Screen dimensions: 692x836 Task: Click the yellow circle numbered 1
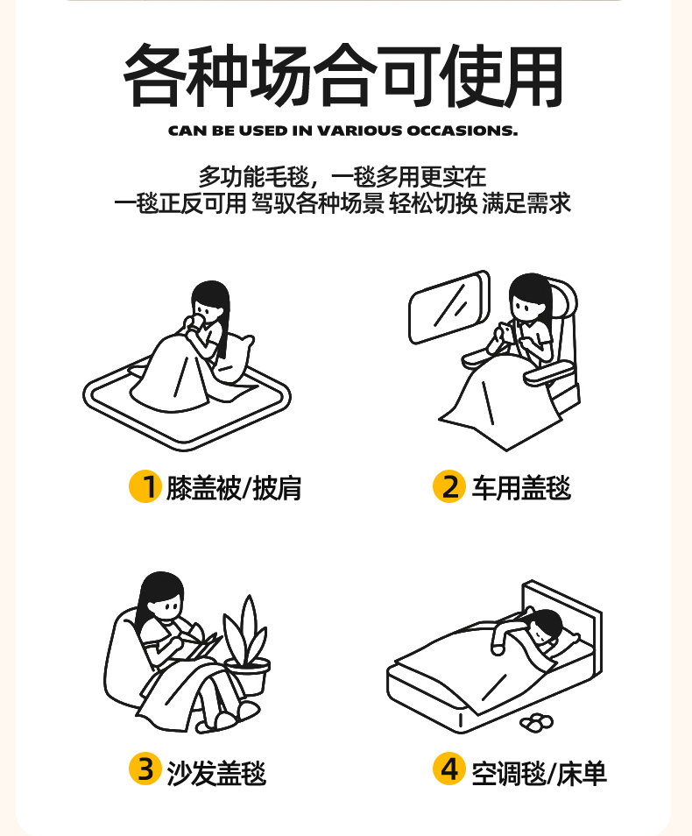click(x=145, y=486)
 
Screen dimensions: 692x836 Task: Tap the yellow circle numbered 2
click(x=448, y=486)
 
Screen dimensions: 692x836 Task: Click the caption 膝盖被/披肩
click(x=234, y=488)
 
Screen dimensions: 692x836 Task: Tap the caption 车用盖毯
click(x=521, y=488)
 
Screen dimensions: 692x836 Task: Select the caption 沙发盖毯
click(x=216, y=773)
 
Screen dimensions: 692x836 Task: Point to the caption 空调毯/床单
click(x=539, y=773)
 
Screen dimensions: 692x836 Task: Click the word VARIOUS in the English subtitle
click(x=360, y=131)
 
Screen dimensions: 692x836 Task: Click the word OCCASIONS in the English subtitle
click(x=463, y=131)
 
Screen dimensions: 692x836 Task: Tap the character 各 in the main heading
click(x=155, y=74)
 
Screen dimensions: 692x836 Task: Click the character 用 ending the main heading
click(x=532, y=75)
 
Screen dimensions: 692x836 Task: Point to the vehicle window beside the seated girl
click(x=448, y=307)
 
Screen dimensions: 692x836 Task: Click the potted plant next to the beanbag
click(x=247, y=645)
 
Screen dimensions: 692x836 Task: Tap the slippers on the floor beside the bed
click(x=537, y=722)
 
